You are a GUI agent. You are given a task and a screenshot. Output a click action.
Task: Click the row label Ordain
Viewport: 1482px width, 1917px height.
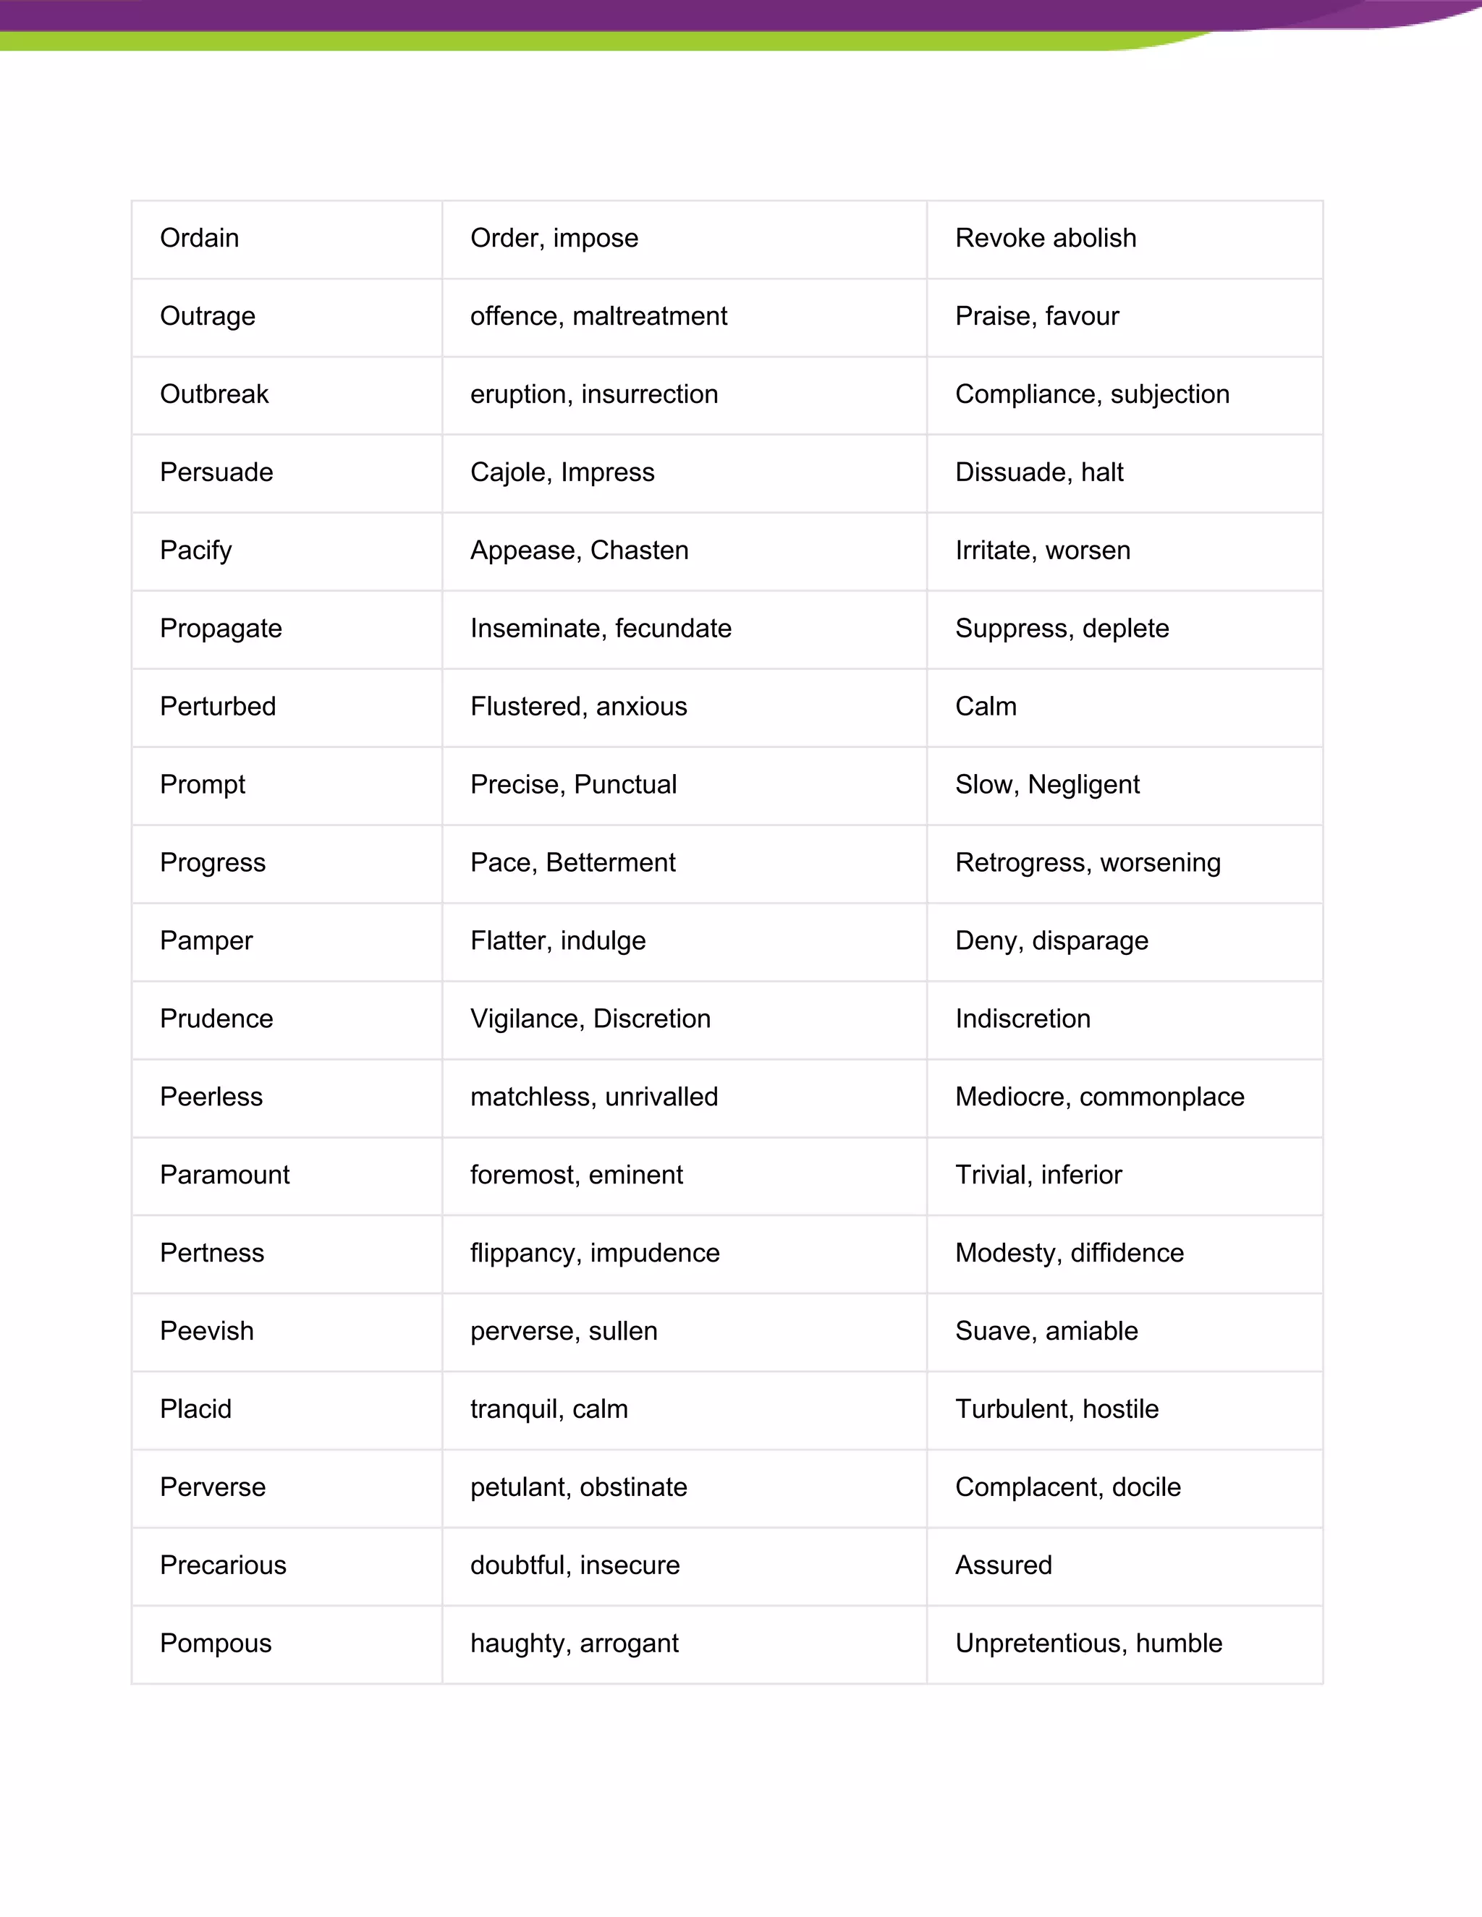click(x=199, y=238)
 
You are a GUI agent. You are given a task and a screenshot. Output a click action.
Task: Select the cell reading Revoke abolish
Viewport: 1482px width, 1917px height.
click(x=1045, y=238)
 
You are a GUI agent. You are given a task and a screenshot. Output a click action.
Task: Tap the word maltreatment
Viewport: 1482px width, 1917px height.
click(x=650, y=316)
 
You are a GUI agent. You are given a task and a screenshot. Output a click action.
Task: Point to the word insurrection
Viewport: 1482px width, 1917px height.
click(x=650, y=394)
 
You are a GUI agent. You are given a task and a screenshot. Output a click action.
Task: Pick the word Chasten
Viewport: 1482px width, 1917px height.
click(x=639, y=551)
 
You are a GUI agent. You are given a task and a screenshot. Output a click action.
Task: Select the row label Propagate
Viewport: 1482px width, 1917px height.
click(x=221, y=629)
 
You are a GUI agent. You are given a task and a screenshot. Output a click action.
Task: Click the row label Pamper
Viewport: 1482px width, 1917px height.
click(x=206, y=941)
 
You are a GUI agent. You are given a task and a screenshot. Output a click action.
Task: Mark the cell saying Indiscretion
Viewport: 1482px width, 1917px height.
click(x=1022, y=1019)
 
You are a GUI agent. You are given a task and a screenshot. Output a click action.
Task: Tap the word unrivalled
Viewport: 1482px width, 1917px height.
click(x=661, y=1097)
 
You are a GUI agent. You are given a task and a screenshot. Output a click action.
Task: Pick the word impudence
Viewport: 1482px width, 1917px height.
click(x=654, y=1254)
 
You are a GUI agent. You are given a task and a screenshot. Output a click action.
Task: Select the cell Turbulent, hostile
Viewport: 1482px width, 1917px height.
click(x=1057, y=1410)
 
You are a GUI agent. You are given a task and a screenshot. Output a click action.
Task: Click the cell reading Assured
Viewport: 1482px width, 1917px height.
click(x=1003, y=1566)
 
